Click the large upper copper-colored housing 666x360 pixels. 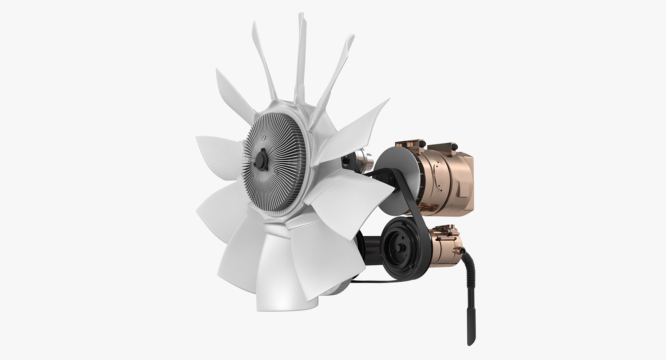pyautogui.click(x=445, y=175)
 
